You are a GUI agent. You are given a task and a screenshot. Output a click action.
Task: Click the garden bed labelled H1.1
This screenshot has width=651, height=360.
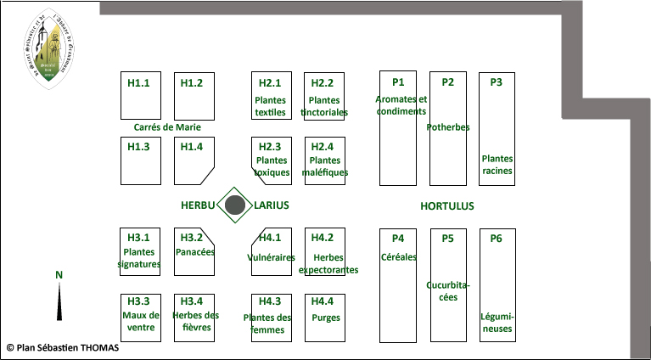[141, 96]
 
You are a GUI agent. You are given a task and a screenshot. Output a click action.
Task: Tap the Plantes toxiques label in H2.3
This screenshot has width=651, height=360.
[272, 166]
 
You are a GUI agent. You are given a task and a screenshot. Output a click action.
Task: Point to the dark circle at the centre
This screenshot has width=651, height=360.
[236, 205]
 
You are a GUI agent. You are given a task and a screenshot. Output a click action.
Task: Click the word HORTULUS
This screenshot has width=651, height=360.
[447, 205]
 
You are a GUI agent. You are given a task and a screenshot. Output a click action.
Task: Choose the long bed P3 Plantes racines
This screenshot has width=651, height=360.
[497, 127]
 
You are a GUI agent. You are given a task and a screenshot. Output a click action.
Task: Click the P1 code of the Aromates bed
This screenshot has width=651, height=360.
[398, 82]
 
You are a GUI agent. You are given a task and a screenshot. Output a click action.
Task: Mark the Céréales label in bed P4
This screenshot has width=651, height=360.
[399, 256]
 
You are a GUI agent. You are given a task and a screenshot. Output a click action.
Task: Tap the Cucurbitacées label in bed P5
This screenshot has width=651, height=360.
[448, 291]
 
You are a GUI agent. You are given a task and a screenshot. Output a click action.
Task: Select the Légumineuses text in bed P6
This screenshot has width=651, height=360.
[497, 323]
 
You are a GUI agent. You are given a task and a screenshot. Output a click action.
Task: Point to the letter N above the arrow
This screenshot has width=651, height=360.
[59, 274]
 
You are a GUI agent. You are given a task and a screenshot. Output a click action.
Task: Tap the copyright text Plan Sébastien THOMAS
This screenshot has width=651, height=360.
[62, 347]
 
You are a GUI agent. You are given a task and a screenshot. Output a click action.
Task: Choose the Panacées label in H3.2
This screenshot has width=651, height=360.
[194, 252]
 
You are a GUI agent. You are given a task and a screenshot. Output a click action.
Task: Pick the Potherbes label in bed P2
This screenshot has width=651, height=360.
[448, 127]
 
